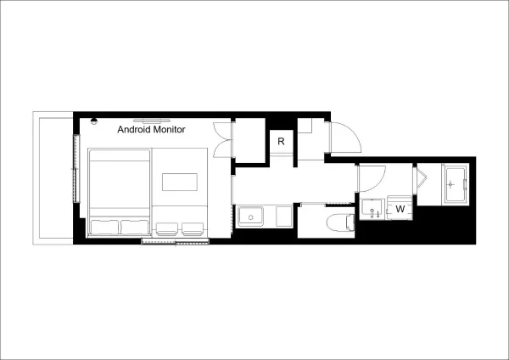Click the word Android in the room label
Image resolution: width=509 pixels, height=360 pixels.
(134, 129)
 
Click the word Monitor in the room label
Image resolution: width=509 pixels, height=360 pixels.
(169, 129)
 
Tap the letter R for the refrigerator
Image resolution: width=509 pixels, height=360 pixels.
(281, 141)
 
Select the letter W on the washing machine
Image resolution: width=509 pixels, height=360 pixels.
(400, 209)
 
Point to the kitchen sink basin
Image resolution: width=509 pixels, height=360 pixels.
(250, 217)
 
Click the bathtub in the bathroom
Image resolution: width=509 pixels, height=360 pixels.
(456, 184)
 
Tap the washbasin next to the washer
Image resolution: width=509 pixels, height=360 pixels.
(372, 210)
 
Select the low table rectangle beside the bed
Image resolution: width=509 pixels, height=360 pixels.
(180, 182)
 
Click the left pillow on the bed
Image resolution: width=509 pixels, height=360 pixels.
(104, 227)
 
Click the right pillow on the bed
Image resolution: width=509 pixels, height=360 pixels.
(135, 227)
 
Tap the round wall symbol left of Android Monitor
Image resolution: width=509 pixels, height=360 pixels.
(94, 121)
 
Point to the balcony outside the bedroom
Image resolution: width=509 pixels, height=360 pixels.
(53, 178)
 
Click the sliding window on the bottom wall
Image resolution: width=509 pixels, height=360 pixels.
(176, 241)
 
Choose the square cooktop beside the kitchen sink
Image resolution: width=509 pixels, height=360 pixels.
(284, 217)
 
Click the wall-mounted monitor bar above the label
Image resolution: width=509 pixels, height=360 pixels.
(152, 120)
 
